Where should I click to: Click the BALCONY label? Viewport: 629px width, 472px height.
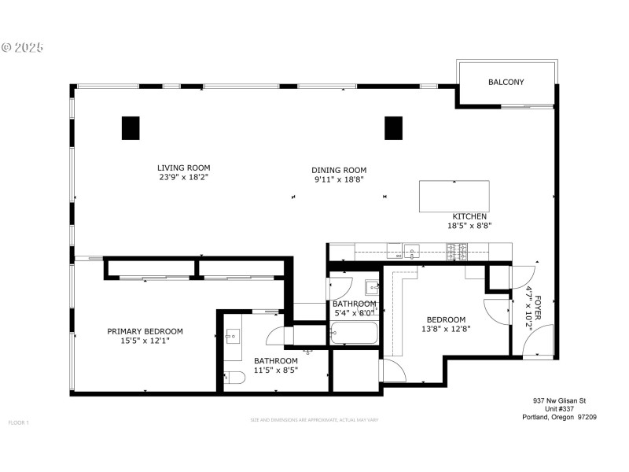pos(506,82)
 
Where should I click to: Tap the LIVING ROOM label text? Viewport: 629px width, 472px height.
pos(183,168)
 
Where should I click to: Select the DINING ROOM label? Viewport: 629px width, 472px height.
pos(339,170)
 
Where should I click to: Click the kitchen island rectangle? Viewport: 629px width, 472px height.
pos(454,196)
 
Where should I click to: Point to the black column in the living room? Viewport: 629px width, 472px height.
pos(131,127)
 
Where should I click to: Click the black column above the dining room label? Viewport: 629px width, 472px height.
pos(393,127)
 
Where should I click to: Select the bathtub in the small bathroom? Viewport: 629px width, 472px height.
pos(355,334)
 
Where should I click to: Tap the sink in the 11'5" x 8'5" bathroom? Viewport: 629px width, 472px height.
pos(233,337)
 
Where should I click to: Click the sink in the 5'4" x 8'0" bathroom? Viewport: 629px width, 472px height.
pos(371,287)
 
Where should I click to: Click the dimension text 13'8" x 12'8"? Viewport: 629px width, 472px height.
pos(446,330)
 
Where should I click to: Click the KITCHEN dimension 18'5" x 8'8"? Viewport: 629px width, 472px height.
pos(469,226)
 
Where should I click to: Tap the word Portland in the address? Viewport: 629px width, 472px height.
pos(539,418)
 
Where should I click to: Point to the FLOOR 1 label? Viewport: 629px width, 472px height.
pos(18,422)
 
